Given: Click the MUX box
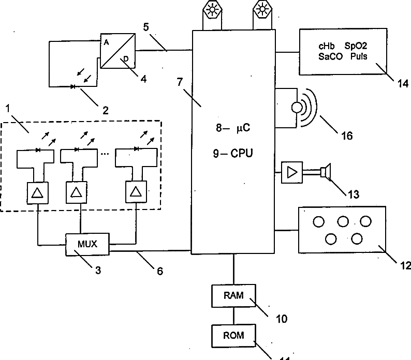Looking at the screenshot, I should tap(88, 243).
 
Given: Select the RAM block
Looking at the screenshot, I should tap(233, 295).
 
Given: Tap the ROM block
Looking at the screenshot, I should tap(233, 336).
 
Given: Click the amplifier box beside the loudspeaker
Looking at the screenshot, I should tap(290, 172).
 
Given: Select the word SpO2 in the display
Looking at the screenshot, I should tap(356, 46).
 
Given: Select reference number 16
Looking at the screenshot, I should tap(346, 136).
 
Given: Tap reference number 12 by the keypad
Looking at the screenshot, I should tap(405, 265).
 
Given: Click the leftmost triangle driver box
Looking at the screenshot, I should tap(37, 192).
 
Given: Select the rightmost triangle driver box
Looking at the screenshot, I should tap(136, 192).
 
